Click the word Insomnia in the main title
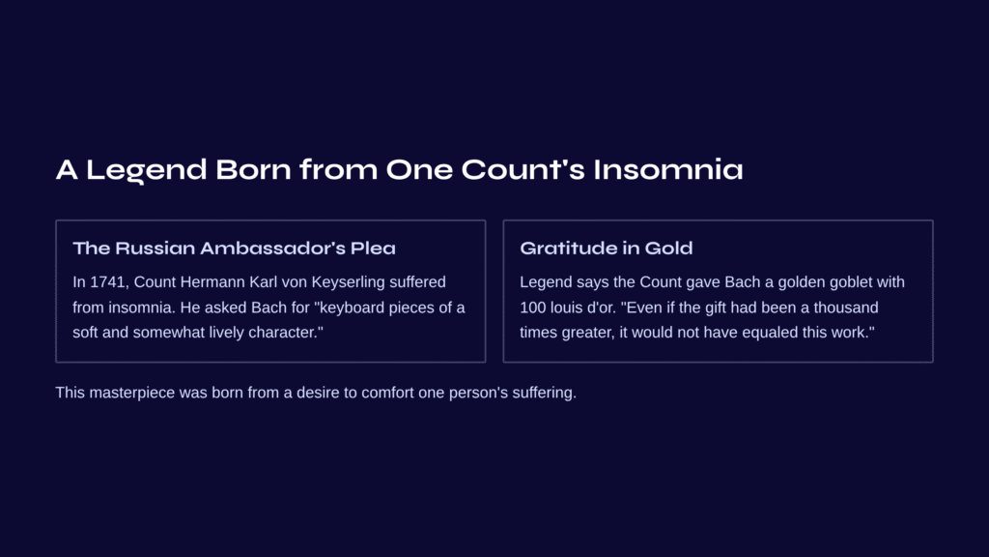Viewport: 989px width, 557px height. (668, 169)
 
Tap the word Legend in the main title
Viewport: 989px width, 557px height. (147, 170)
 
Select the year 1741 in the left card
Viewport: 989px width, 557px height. (108, 282)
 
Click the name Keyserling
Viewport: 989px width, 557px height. (348, 283)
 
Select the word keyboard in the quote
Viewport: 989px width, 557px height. (353, 308)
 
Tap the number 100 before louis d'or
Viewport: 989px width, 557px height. (533, 308)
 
